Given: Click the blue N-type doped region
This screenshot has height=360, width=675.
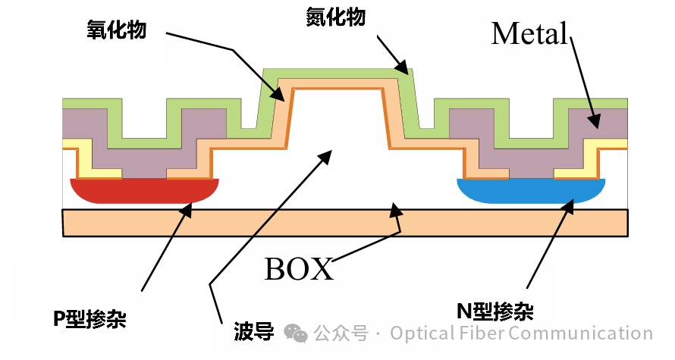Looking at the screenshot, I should (531, 191).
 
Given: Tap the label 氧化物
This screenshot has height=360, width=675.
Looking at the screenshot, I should (116, 30).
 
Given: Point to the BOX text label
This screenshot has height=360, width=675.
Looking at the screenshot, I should (299, 268).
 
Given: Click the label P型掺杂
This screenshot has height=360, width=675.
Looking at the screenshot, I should (89, 319).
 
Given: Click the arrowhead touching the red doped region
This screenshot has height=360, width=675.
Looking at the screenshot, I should (185, 210).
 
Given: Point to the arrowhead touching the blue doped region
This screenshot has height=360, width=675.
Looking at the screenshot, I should (569, 209).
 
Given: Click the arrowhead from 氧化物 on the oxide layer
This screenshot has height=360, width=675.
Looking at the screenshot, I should (281, 95).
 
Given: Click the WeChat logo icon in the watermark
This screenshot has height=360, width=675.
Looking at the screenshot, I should (296, 333).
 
